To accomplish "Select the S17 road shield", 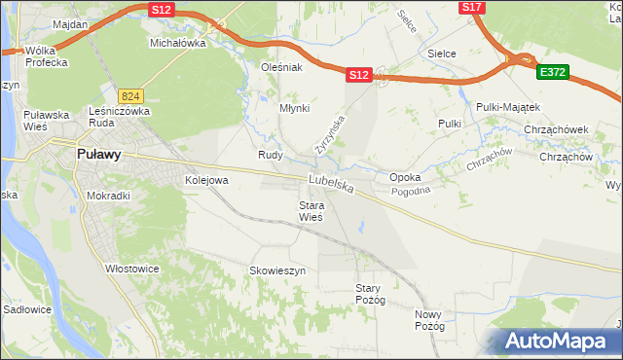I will coord(471,7).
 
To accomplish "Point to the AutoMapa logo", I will coord(556,342).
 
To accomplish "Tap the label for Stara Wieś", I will coord(311,211).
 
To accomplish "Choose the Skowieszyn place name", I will coord(278,270).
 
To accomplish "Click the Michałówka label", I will coord(178,44).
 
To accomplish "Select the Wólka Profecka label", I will coord(47,56).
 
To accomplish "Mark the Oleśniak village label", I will coord(283,68).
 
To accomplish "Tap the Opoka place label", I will coord(405,178).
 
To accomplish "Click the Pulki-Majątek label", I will coord(508,106).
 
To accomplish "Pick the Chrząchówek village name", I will coord(555,128).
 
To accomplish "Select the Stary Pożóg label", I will coord(371,294).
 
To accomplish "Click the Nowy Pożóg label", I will coord(429,320).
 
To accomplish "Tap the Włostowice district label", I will coord(132,269).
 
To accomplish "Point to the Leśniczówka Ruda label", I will coord(118,116).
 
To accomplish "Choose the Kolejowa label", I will coord(206,181).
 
